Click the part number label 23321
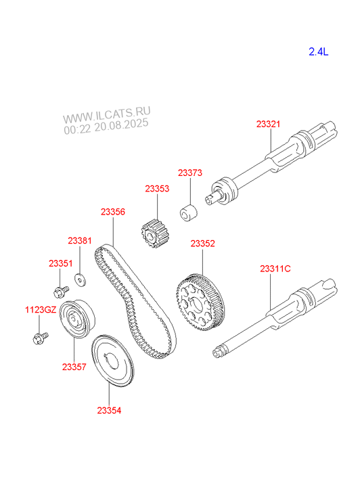(x=268, y=124)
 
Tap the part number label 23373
(x=190, y=173)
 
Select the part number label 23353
(x=157, y=189)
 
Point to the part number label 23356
(x=113, y=212)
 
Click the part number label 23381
(x=80, y=241)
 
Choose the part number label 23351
(x=61, y=263)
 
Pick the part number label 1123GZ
(x=41, y=310)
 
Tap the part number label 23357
(x=74, y=367)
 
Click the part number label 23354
(x=109, y=410)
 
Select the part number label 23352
(x=203, y=244)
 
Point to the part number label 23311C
(x=275, y=269)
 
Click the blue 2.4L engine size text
(x=318, y=52)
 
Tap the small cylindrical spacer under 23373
(x=189, y=213)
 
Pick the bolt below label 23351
(x=61, y=292)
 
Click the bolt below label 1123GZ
(x=40, y=338)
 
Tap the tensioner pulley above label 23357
(x=77, y=319)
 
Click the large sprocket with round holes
(x=200, y=303)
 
